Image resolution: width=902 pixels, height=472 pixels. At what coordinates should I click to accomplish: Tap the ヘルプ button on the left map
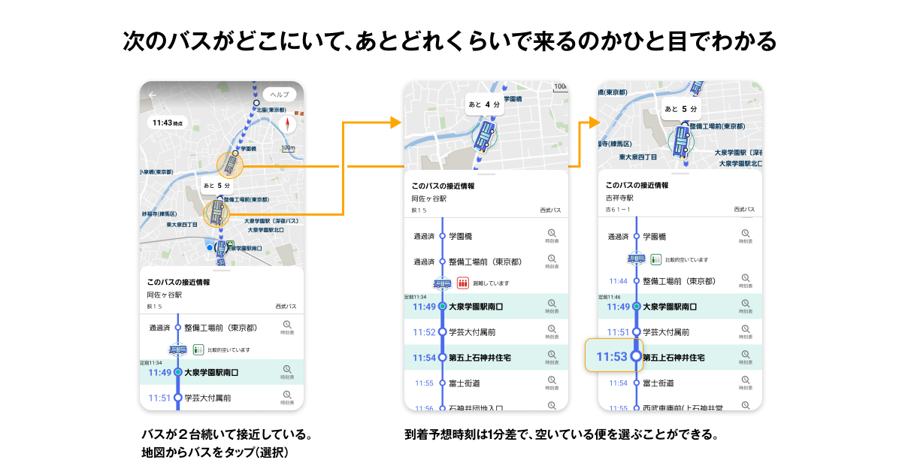coord(280,95)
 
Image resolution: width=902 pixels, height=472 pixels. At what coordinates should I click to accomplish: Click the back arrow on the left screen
coord(153,95)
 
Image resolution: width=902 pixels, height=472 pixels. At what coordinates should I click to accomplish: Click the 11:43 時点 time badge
coord(167,122)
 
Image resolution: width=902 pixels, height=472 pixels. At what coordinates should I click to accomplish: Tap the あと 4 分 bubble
coord(484,104)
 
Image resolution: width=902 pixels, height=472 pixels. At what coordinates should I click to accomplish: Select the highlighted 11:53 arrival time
coord(611,357)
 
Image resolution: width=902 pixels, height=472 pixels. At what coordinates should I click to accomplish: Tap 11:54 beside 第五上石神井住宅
coord(424,357)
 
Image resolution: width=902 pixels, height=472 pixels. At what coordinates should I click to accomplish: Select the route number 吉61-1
coord(619,210)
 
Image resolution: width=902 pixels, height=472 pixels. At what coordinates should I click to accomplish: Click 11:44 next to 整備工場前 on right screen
coord(618,281)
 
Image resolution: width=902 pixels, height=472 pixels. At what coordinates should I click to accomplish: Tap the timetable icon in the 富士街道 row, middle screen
coord(552,383)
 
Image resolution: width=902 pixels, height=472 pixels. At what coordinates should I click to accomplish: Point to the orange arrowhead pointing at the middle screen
coord(396,122)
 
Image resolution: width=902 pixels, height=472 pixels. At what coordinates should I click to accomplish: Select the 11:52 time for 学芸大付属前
coord(424,332)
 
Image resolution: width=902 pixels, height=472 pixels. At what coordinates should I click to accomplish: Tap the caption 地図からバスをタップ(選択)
coord(215,452)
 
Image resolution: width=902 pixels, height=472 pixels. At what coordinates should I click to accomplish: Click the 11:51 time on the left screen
coord(159,398)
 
